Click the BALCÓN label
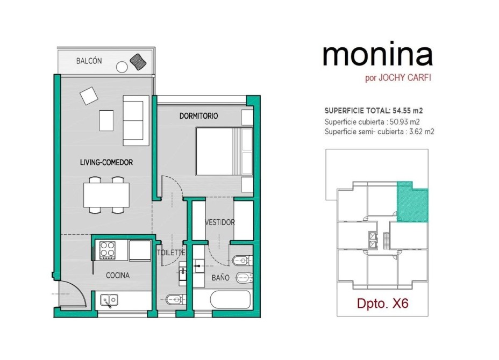[89, 61]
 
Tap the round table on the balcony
[122, 67]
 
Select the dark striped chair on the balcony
[138, 61]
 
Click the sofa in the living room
[136, 120]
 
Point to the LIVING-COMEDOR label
[106, 162]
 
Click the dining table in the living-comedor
[106, 195]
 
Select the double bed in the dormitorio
[224, 152]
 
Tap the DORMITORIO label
[198, 116]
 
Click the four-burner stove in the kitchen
[107, 250]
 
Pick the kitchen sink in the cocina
[109, 300]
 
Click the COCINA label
[118, 276]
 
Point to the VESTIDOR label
[220, 222]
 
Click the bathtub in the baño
[230, 300]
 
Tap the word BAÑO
[220, 278]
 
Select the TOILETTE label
[171, 253]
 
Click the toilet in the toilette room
[175, 299]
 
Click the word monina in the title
[378, 55]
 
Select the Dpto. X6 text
[382, 303]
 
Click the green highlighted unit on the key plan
[412, 203]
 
